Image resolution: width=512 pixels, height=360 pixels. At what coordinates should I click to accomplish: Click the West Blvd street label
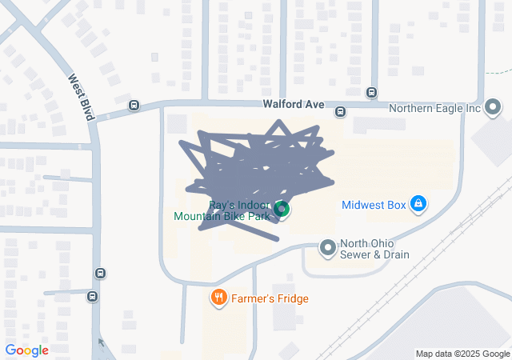[82, 98]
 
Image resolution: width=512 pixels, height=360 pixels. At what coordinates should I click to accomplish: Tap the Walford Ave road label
[294, 105]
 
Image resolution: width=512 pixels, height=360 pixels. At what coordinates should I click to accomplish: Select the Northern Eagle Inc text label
[434, 108]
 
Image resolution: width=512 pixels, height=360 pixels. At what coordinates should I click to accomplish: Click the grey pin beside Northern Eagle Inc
[493, 107]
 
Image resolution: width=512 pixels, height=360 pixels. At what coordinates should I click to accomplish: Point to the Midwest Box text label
[374, 205]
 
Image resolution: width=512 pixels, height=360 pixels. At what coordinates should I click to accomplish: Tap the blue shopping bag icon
[417, 205]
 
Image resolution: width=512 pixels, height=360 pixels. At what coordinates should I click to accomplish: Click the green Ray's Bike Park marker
[281, 210]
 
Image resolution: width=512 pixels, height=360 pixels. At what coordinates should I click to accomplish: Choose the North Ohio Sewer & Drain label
[374, 250]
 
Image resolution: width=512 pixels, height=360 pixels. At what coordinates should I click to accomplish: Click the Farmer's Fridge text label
[270, 298]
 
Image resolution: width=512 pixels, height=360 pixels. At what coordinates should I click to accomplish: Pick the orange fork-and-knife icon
[218, 298]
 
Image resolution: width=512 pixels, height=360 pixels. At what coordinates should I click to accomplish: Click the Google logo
[26, 350]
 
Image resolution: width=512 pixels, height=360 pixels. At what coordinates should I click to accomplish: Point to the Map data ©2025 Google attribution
[462, 354]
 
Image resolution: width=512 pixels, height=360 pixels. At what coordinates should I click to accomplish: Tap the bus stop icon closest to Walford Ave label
[340, 112]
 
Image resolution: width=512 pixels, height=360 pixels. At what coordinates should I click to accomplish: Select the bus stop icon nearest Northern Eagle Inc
[372, 92]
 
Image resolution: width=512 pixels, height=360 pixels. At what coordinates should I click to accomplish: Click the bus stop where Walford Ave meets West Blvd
[134, 106]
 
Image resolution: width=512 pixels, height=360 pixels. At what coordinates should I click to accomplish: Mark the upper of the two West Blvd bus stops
[100, 273]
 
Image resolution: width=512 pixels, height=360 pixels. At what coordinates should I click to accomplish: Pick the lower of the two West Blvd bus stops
[93, 298]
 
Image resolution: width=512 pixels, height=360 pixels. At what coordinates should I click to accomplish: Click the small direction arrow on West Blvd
[101, 342]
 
